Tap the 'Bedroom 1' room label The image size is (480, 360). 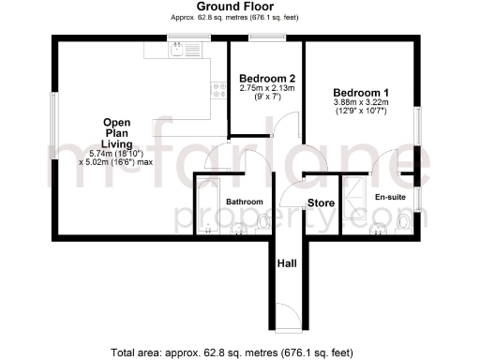[x=361, y=93]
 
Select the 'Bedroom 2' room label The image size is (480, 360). [x=267, y=78]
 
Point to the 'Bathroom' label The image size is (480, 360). [x=244, y=202]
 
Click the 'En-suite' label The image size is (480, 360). [x=389, y=198]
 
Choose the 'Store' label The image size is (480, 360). [x=322, y=202]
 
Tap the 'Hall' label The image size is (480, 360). [x=287, y=265]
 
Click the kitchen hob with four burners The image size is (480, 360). [x=219, y=90]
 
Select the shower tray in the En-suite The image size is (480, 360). [x=355, y=198]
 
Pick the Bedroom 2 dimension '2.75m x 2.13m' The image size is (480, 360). [x=267, y=88]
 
